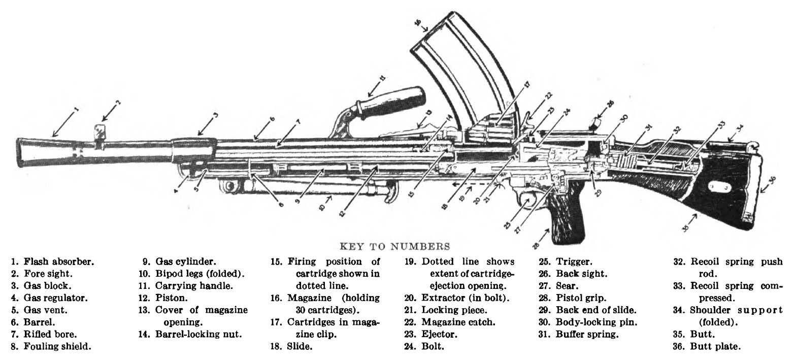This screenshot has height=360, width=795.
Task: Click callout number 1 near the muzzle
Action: (76, 109)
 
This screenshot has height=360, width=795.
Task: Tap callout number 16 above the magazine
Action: (418, 23)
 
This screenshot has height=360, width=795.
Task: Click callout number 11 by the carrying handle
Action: (382, 79)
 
